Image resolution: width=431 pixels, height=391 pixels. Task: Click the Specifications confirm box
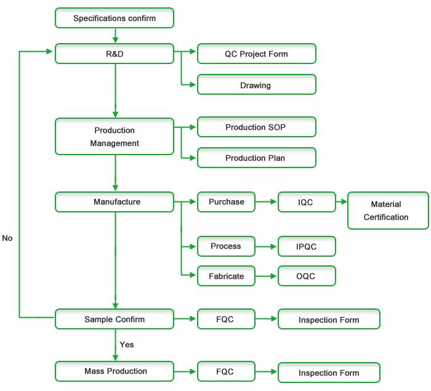click(115, 18)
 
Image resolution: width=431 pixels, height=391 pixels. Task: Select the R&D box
click(115, 54)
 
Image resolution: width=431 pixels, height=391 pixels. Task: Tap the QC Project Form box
click(256, 54)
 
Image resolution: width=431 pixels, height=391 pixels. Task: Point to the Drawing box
click(256, 85)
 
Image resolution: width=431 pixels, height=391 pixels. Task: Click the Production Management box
click(115, 137)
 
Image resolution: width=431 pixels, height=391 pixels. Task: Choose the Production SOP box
click(256, 127)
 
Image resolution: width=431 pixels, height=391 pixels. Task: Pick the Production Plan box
click(256, 158)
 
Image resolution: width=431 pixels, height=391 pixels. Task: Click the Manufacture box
click(115, 202)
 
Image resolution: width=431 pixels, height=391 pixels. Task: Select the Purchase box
click(226, 202)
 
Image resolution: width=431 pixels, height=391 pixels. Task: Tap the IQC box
click(307, 202)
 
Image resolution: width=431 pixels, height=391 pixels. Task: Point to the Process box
click(226, 246)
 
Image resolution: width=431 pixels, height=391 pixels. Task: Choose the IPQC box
click(307, 246)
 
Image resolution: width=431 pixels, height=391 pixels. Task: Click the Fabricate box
click(226, 276)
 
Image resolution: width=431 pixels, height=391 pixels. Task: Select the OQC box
click(307, 276)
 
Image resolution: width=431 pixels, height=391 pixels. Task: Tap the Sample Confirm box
click(115, 319)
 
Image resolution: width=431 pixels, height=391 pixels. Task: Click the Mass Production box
click(115, 371)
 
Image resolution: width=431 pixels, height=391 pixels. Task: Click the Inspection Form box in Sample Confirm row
click(329, 320)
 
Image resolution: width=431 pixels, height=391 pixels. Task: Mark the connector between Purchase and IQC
click(266, 202)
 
